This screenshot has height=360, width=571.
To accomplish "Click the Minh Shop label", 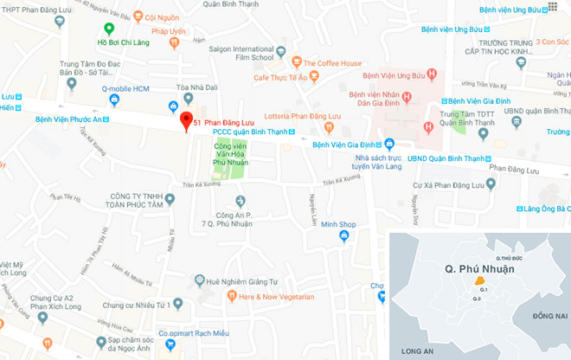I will click(337, 224).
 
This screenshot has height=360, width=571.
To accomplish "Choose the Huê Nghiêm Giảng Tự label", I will click(228, 281).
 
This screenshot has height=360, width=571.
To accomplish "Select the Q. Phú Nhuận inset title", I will click(478, 269).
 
